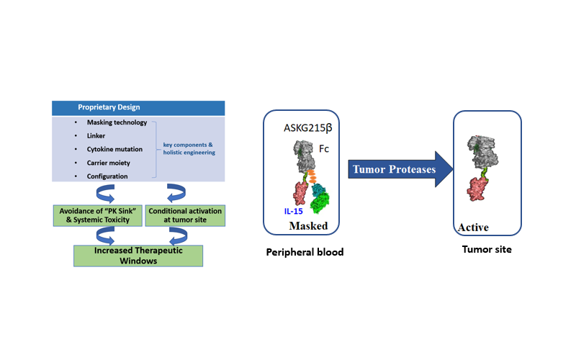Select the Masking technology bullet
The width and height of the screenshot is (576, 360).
(116, 122)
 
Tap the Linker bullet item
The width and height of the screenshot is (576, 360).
(96, 135)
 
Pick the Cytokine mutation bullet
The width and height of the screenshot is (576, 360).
(114, 149)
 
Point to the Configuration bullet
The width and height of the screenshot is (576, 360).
(107, 176)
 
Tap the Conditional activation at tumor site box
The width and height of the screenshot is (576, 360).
(185, 215)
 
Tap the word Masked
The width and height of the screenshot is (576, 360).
(308, 226)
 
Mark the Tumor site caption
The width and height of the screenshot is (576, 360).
(487, 250)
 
